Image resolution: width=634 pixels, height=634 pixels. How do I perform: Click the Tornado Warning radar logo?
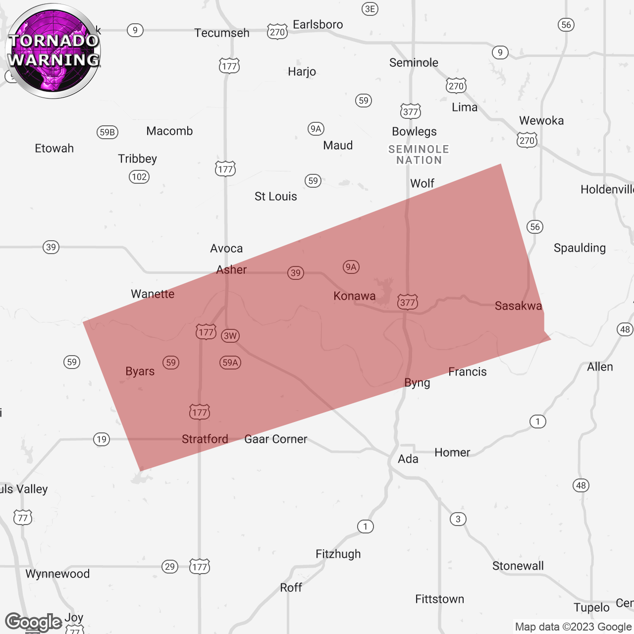click(x=53, y=51)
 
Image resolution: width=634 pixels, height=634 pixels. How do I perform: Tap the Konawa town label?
click(x=354, y=296)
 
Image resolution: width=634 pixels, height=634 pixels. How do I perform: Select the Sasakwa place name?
click(x=518, y=306)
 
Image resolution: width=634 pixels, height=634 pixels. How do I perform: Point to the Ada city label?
click(x=408, y=459)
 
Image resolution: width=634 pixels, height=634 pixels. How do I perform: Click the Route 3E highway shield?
click(x=370, y=9)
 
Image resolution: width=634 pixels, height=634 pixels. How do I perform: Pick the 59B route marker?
click(x=107, y=132)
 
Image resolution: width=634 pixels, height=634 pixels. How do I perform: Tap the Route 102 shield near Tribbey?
click(x=139, y=177)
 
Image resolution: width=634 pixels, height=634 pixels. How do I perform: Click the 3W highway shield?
click(x=230, y=336)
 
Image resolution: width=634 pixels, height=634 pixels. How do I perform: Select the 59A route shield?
click(x=230, y=363)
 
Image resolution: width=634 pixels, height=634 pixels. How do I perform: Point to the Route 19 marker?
click(x=102, y=439)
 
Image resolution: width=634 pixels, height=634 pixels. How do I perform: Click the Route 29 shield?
click(x=170, y=567)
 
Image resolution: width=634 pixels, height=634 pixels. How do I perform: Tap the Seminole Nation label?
click(x=419, y=155)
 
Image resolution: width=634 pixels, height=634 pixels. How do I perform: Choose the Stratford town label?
click(x=205, y=439)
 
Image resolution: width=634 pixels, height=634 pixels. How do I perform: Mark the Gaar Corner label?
click(x=276, y=439)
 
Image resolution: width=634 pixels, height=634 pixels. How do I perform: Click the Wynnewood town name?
click(x=57, y=574)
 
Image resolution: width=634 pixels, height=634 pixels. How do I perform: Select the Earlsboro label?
click(x=317, y=25)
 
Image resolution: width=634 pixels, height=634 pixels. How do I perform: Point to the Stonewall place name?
click(x=518, y=566)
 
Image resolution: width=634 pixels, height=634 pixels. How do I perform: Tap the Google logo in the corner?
click(x=33, y=622)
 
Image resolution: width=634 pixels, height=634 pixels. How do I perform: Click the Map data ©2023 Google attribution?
click(x=573, y=627)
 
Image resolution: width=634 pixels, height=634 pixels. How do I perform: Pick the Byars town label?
click(x=140, y=371)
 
